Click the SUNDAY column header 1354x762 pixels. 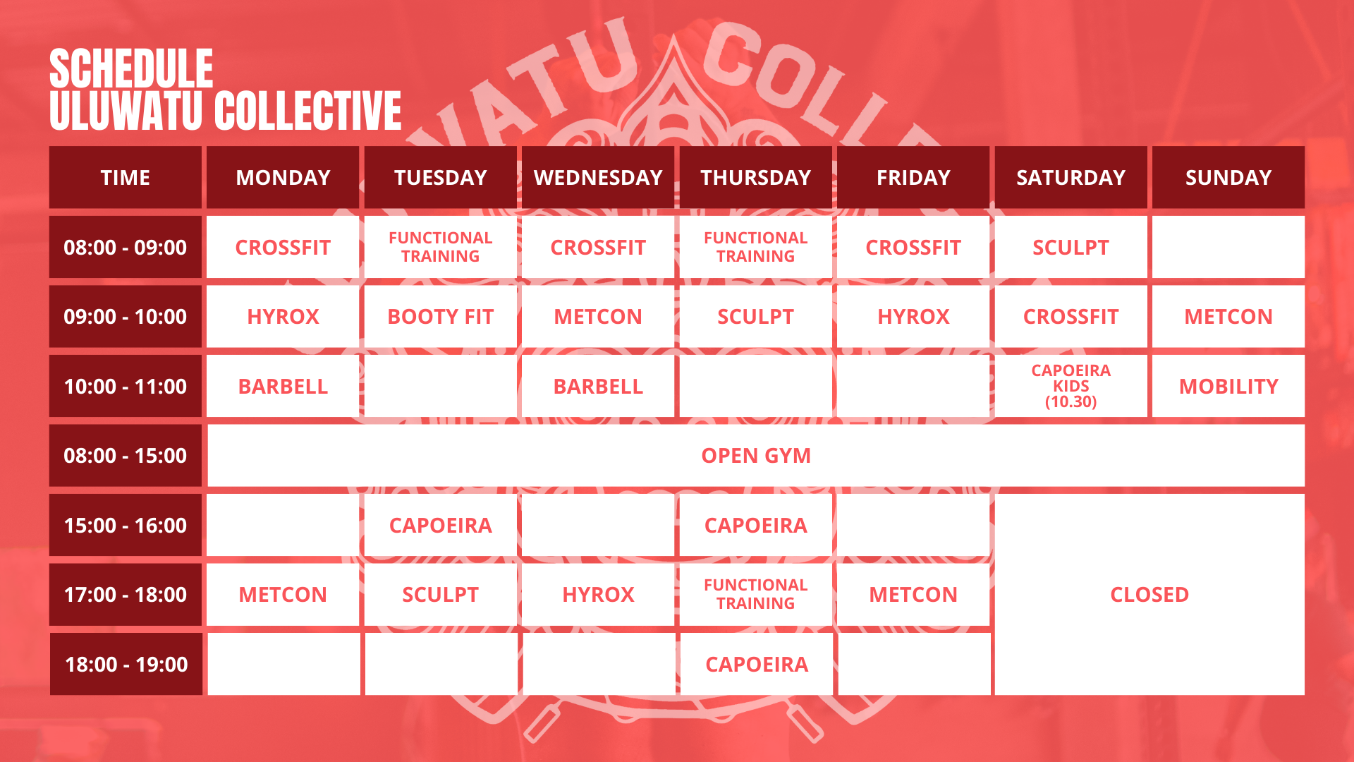pyautogui.click(x=1228, y=177)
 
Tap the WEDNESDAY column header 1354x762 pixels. pyautogui.click(x=598, y=177)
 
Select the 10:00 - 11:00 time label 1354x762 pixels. pyautogui.click(x=126, y=386)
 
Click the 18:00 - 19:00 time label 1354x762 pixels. pyautogui.click(x=126, y=664)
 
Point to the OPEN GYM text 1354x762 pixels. pyautogui.click(x=756, y=456)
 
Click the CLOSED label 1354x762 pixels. pyautogui.click(x=1149, y=595)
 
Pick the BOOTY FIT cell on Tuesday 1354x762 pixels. pyautogui.click(x=441, y=317)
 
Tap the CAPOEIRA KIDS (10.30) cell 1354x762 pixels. pyautogui.click(x=1071, y=386)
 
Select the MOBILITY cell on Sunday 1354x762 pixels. pyautogui.click(x=1228, y=386)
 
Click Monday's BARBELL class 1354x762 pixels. pyautogui.click(x=283, y=386)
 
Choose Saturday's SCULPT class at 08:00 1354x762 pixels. pyautogui.click(x=1071, y=247)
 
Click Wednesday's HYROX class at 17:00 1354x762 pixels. pyautogui.click(x=598, y=595)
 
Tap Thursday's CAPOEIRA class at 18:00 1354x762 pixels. pyautogui.click(x=757, y=664)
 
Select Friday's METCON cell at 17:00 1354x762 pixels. pyautogui.click(x=913, y=595)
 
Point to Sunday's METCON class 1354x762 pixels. pyautogui.click(x=1228, y=317)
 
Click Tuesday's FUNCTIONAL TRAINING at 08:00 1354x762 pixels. pyautogui.click(x=441, y=247)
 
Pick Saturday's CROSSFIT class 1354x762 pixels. pyautogui.click(x=1071, y=317)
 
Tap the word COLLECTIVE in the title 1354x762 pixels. pyautogui.click(x=308, y=111)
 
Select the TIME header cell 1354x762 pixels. pyautogui.click(x=126, y=177)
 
